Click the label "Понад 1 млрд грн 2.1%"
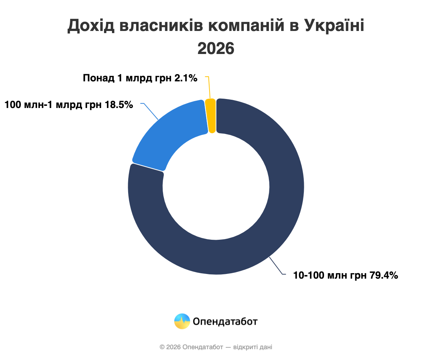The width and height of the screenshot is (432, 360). click(x=140, y=78)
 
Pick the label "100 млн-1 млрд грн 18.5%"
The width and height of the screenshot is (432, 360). click(x=69, y=105)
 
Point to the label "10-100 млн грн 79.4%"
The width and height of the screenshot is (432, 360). click(x=345, y=275)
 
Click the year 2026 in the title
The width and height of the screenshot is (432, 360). click(x=216, y=49)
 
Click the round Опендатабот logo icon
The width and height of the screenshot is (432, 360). click(x=182, y=321)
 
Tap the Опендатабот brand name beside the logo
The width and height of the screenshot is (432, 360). click(x=225, y=321)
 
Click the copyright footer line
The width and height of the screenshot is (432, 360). click(x=216, y=347)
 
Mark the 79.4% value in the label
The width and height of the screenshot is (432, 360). click(x=384, y=275)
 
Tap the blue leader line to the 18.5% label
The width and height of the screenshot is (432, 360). click(x=151, y=111)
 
